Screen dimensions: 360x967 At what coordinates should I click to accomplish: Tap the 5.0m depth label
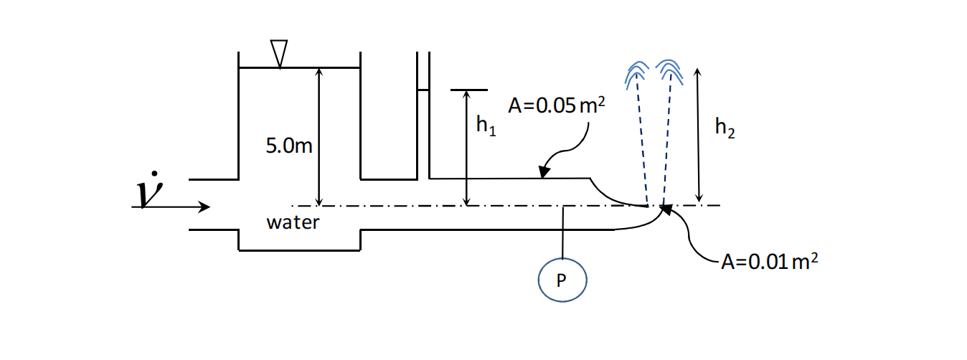tap(289, 146)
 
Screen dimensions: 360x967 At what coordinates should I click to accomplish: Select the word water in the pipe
tap(293, 222)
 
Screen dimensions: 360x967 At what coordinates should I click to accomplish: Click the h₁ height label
tap(486, 126)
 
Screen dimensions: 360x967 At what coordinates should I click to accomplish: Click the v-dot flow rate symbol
tap(148, 189)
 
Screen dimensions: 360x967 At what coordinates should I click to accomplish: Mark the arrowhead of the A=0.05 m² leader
tap(544, 173)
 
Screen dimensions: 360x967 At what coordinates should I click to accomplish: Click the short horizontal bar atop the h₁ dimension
tap(468, 90)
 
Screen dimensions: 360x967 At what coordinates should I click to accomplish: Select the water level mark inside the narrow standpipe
tap(423, 90)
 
